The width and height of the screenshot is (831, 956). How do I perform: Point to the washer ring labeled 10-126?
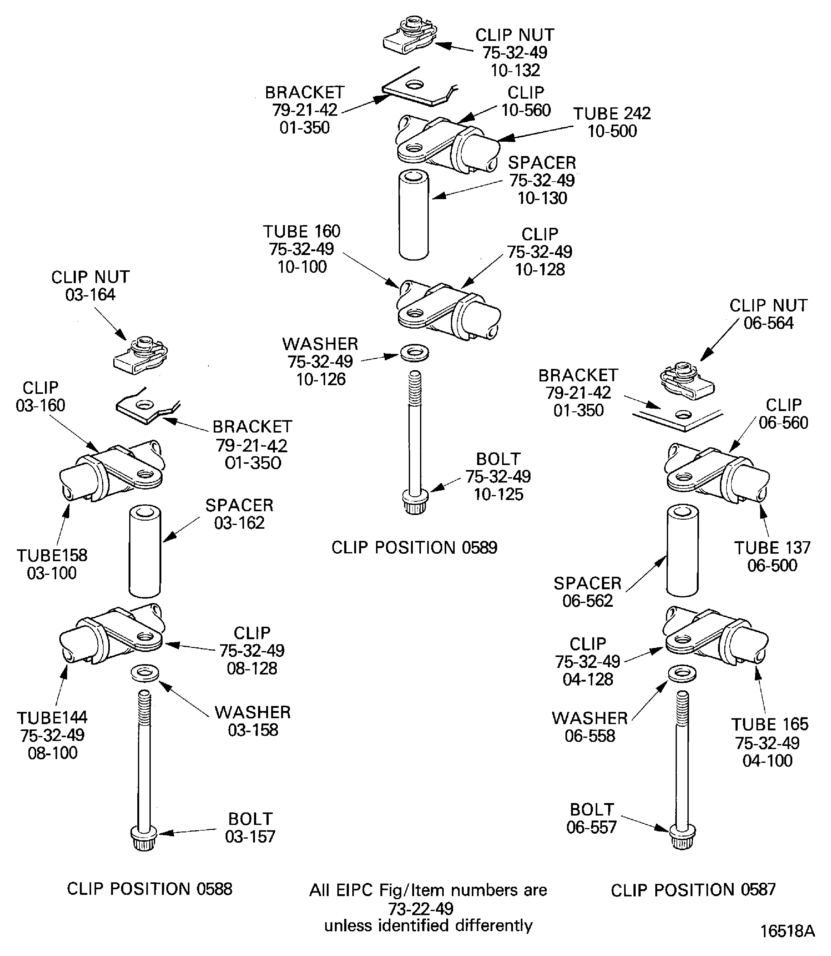(414, 352)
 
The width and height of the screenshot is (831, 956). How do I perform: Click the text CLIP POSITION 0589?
(414, 547)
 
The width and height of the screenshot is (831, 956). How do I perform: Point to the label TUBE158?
(52, 555)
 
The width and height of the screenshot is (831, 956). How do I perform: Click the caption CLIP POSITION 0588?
(149, 889)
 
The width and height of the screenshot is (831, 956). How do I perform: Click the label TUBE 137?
(772, 548)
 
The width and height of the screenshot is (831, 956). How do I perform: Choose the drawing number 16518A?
(787, 931)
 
